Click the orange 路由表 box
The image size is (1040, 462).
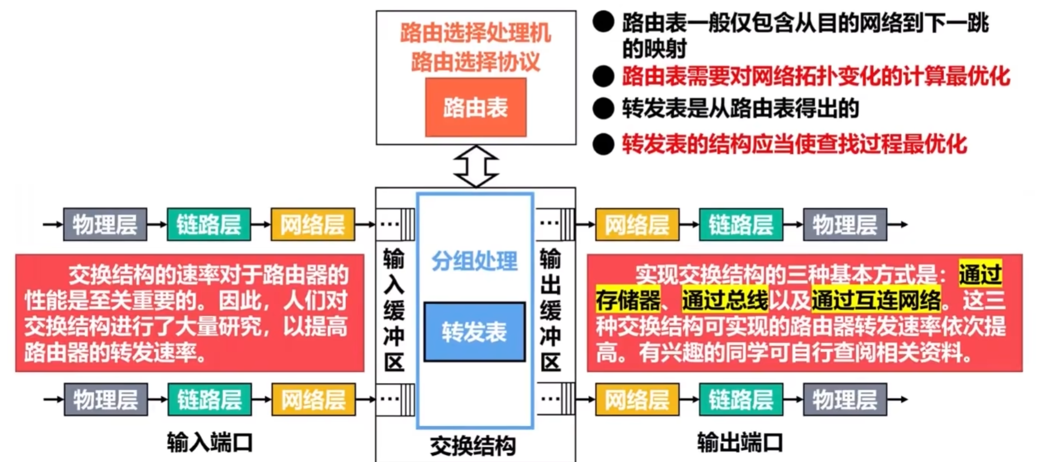point(475,107)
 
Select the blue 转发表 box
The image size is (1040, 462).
point(474,332)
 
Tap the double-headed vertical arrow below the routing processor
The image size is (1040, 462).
point(475,166)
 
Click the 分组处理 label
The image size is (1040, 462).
point(474,261)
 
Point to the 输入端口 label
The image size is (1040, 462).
point(210,443)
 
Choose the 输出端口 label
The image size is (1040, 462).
point(739,443)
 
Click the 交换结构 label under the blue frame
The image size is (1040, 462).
point(473,446)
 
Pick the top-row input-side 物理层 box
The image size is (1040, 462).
point(105,225)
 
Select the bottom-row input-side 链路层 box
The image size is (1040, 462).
point(210,400)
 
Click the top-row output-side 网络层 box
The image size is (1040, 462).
point(637,225)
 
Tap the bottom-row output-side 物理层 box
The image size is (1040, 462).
point(844,400)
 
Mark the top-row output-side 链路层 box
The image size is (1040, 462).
point(741,225)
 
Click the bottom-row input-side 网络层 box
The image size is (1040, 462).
point(314,400)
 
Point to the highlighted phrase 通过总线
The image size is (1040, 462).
point(725,300)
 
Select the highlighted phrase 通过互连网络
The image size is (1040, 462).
point(876,300)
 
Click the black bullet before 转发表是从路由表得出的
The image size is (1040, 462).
point(603,108)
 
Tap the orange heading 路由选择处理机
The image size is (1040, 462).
point(475,33)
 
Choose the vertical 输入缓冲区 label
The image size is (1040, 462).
point(394,310)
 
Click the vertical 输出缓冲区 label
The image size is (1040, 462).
point(550,310)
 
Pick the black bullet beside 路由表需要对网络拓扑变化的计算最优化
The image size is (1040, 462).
point(603,76)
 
